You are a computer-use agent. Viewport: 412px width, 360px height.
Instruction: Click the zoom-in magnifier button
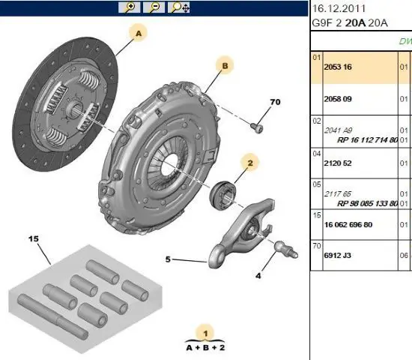130,7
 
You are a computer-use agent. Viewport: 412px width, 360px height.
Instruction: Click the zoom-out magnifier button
154,7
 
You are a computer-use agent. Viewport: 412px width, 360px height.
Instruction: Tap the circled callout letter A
139,33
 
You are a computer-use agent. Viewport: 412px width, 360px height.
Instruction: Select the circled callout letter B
225,66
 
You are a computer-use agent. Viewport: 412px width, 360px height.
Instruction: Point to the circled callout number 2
250,163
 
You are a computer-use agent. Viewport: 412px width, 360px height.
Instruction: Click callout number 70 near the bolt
275,102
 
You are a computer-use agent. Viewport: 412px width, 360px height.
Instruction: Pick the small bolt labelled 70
257,128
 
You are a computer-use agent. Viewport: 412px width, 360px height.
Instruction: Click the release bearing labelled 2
222,195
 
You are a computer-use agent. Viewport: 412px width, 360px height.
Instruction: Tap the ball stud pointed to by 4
286,249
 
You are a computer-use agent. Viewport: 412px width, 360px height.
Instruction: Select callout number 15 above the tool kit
34,239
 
